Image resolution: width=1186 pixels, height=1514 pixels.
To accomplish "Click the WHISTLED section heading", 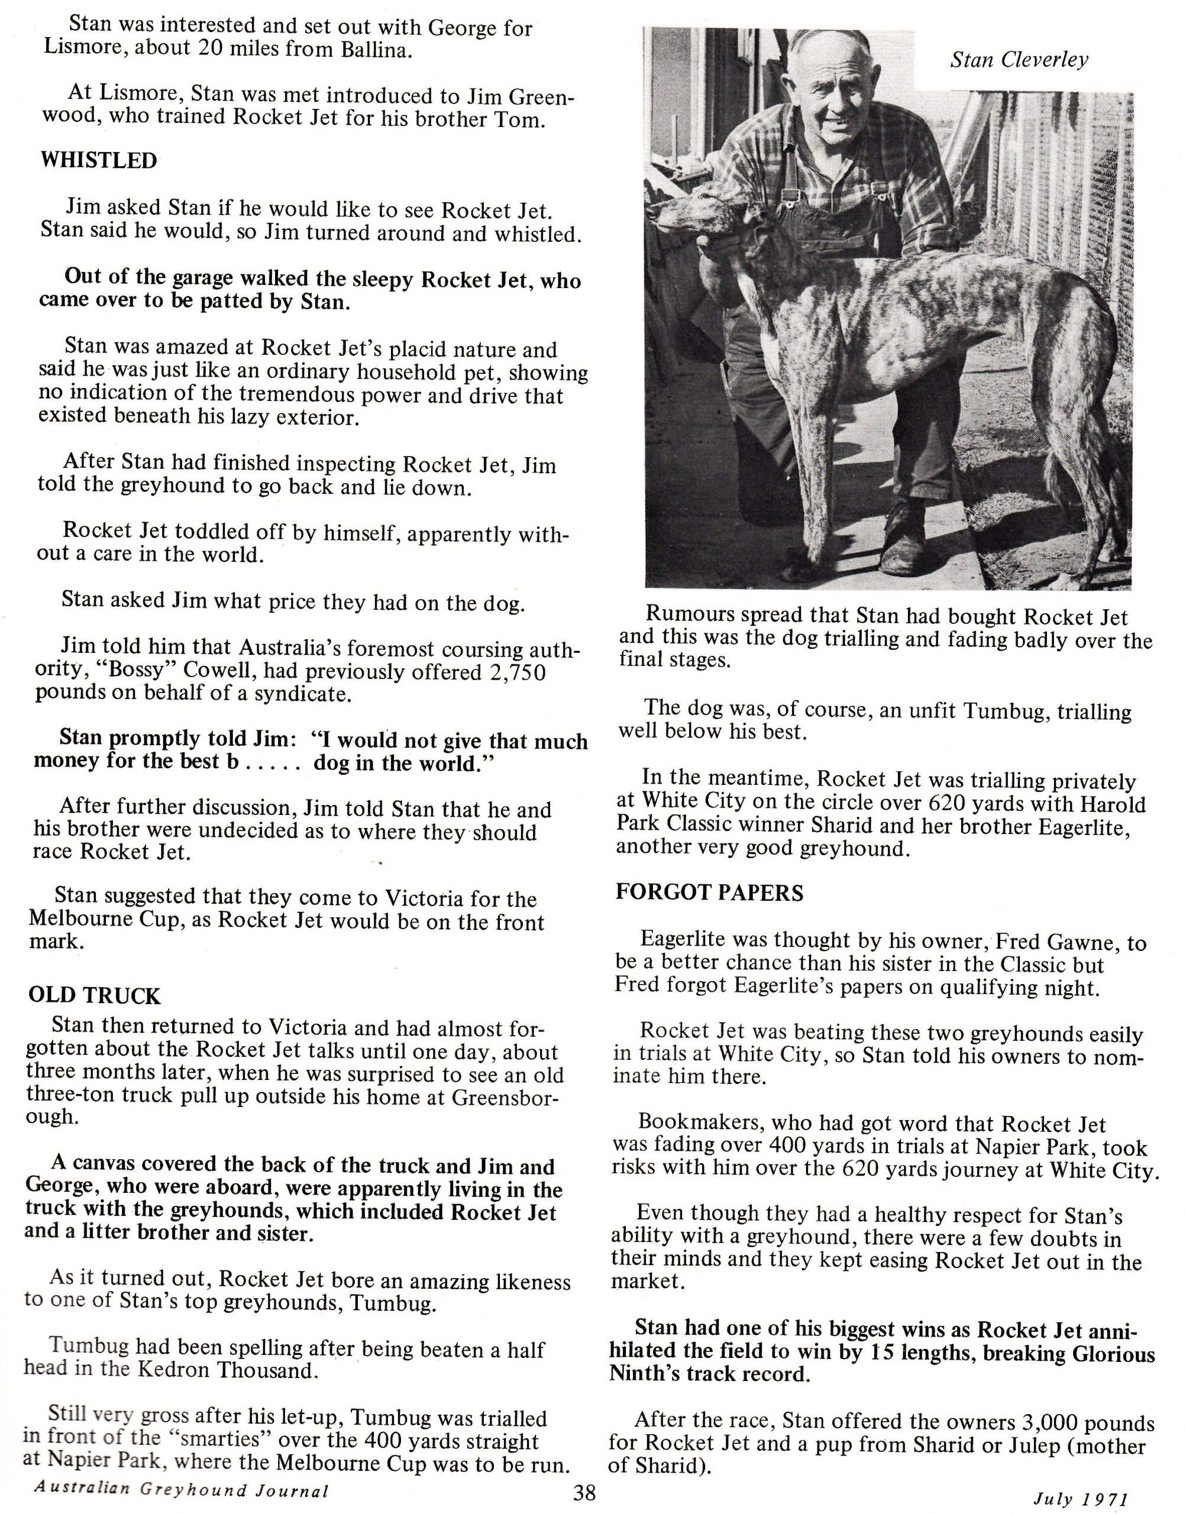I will point(99,160).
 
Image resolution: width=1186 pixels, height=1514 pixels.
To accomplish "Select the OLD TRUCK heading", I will point(95,995).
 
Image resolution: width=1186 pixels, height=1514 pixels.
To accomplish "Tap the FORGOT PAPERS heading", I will point(709,892).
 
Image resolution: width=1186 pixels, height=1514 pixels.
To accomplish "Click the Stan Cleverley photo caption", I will point(1019,60).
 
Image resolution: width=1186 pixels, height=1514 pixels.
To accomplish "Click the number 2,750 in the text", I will point(518,671).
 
